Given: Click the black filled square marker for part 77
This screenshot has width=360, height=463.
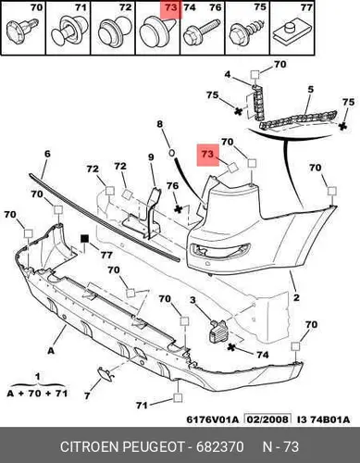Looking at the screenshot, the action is pos(84,239).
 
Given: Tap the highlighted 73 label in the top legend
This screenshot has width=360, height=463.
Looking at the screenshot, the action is pos(171,7).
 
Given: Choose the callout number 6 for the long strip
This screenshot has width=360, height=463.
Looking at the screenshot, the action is pos(47,154).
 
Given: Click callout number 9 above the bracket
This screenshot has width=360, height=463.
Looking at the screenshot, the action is pos(151,157).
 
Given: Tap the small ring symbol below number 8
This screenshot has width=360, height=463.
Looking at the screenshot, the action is pos(172,152).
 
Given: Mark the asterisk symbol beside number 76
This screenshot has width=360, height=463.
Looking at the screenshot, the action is pos(178,209).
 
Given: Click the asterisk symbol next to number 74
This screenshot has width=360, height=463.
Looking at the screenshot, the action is pos(230,347).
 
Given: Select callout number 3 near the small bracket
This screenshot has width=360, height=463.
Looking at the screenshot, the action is pos(192,299).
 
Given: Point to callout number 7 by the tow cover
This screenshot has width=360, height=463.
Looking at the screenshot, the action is pos(87,395).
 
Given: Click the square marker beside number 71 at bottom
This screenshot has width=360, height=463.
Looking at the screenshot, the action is pos(178,398).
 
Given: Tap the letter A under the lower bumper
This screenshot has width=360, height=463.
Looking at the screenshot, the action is pos(51,350).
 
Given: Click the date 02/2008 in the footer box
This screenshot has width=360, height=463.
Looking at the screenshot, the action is pos(267,419).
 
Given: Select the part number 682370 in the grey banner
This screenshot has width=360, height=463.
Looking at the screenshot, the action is pos(220,446).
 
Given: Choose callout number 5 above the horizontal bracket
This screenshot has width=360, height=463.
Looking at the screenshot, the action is pos(310,90).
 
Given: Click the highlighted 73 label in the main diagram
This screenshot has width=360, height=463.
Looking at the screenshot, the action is pos(207,154).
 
